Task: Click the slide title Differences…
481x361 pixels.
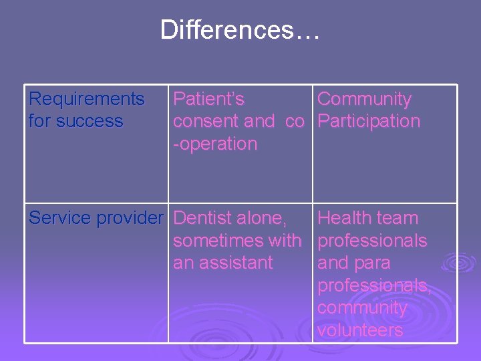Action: tap(240, 30)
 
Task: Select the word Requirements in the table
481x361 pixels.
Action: tap(86, 100)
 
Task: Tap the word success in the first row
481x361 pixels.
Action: tap(88, 122)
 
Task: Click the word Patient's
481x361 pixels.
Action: tap(208, 100)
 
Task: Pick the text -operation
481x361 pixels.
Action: tap(215, 144)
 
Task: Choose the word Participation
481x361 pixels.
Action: tap(369, 122)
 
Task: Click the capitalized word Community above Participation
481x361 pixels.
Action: tap(364, 100)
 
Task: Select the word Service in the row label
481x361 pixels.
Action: tap(60, 218)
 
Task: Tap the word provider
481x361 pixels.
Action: tap(130, 218)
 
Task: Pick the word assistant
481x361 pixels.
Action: tap(235, 263)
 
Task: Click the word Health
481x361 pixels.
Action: tap(344, 218)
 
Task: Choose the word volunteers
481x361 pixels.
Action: tap(359, 330)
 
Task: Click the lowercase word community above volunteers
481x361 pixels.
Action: tap(362, 308)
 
